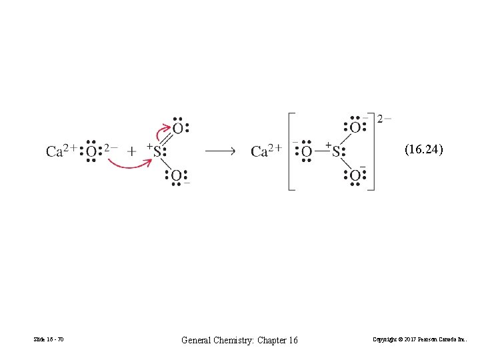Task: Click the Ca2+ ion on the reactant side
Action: coord(61,151)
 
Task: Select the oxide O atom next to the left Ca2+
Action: coord(91,151)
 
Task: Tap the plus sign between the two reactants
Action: coord(131,151)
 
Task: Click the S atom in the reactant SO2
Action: coord(157,151)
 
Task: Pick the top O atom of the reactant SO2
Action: coord(177,127)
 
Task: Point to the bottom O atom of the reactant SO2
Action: coord(177,176)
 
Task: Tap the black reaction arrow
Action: coord(219,151)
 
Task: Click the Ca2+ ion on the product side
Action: coord(266,151)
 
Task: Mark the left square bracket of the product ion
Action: coord(291,151)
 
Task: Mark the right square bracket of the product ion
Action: coord(371,151)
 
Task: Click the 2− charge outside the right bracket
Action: coord(384,119)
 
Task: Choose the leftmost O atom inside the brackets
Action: coord(306,151)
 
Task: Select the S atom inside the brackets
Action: coord(336,151)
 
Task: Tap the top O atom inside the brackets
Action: coord(355,127)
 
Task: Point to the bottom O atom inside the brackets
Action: coord(355,176)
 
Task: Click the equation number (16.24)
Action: coord(423,150)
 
